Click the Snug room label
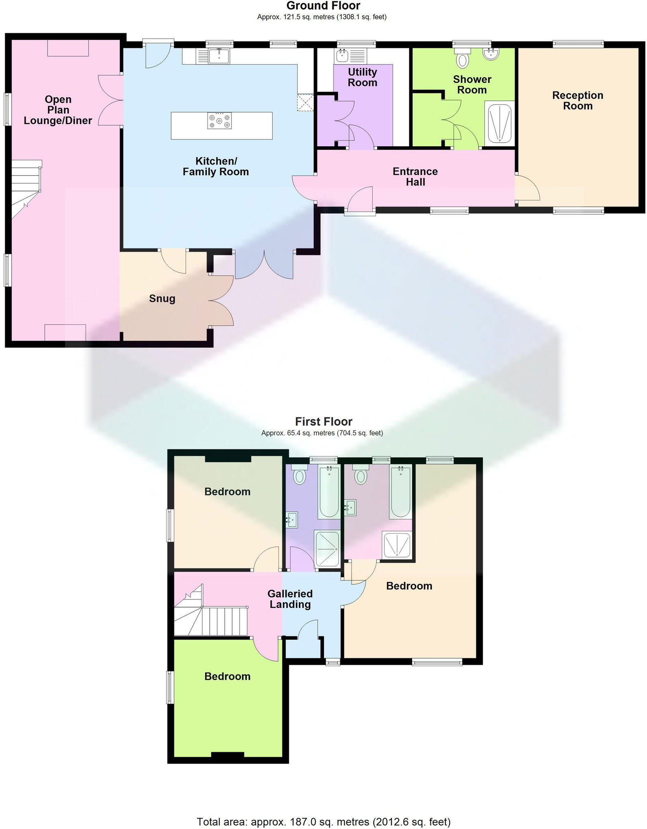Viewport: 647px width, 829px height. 162,299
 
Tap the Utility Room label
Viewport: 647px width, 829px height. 363,78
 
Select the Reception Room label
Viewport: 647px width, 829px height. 578,101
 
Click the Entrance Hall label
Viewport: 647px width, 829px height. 415,177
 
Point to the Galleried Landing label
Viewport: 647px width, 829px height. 290,599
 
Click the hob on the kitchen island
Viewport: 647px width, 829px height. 219,121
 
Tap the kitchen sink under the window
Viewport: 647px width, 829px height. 219,56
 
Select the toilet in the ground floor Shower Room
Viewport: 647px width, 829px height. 462,59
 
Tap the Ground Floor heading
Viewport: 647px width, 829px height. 323,6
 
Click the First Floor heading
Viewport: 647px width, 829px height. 323,421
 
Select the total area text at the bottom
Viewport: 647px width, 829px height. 323,822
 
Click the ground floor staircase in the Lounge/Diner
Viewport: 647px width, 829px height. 25,187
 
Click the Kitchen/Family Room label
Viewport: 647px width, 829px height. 215,167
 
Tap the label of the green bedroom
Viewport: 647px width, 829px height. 227,676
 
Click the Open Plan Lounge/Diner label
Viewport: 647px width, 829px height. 58,110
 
